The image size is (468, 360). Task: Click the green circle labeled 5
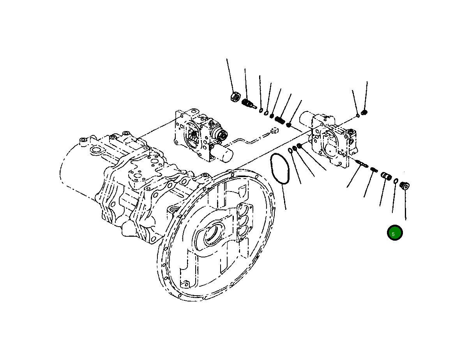tap(394, 233)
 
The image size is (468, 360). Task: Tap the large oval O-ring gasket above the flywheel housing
tap(279, 168)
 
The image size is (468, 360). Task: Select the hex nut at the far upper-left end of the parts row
tap(235, 97)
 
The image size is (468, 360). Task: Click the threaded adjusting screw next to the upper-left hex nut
tap(247, 103)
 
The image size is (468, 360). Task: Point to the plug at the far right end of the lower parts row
tap(404, 184)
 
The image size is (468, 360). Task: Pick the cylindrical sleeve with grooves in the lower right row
tap(386, 176)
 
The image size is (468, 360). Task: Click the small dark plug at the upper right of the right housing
tap(365, 113)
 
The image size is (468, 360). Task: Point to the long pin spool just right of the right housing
tap(362, 164)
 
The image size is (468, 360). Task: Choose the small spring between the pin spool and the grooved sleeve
tap(374, 170)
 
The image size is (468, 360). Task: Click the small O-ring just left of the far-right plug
tap(396, 181)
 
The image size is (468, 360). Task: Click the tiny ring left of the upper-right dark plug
tap(358, 115)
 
